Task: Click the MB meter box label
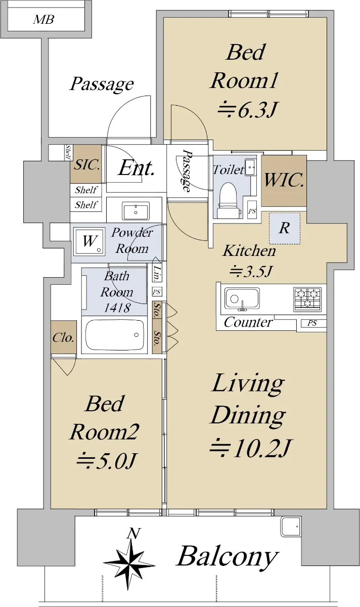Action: (43, 20)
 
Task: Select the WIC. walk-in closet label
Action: (284, 180)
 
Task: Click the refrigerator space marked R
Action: (284, 228)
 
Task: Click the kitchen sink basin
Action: (242, 298)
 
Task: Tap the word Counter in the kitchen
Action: (248, 322)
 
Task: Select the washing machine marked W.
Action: (89, 241)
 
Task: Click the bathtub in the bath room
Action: (115, 335)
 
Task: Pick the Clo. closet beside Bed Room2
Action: (63, 337)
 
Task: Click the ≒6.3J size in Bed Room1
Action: (247, 110)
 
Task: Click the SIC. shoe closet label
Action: (86, 164)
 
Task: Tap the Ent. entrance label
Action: (137, 168)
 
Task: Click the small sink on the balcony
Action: (291, 526)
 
